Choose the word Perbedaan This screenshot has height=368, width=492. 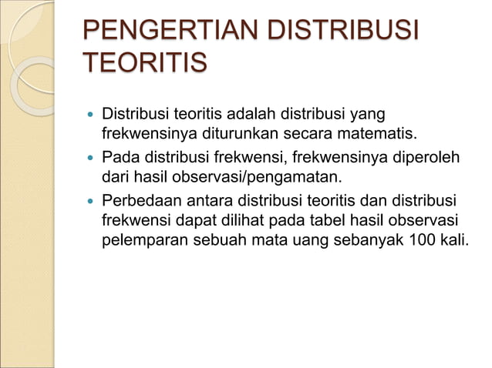tap(142, 199)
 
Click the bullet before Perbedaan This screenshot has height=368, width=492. tap(91, 200)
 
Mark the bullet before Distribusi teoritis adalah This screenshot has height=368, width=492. tap(91, 116)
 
